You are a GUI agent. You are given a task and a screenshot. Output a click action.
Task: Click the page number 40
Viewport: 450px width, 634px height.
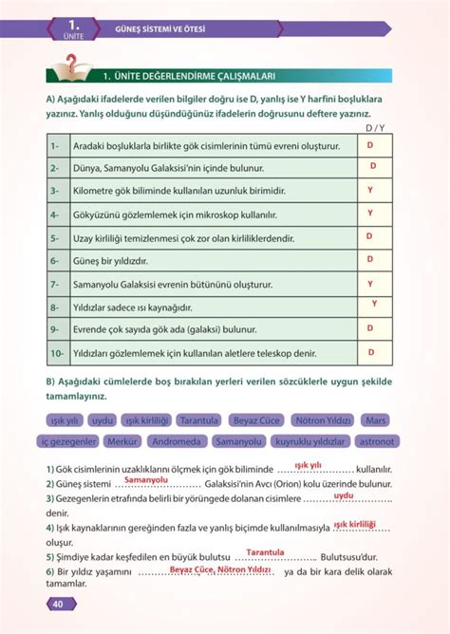click(x=57, y=605)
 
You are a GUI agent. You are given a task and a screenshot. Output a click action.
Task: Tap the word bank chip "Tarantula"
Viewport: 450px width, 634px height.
click(x=198, y=419)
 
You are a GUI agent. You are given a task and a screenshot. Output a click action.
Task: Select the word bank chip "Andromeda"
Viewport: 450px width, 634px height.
click(x=177, y=441)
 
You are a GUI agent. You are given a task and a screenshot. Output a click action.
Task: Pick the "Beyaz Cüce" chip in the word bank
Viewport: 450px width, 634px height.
click(x=258, y=419)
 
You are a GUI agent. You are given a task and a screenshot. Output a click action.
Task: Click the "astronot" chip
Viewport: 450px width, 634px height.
click(x=378, y=441)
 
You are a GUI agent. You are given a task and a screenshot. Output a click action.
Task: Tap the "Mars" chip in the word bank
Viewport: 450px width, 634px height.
click(x=376, y=419)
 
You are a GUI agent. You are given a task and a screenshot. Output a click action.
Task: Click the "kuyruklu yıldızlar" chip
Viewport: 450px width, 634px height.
click(x=309, y=441)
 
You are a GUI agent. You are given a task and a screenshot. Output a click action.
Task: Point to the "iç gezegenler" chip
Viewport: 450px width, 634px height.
click(x=68, y=441)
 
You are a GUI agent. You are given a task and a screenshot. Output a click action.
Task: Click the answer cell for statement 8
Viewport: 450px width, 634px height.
click(x=374, y=306)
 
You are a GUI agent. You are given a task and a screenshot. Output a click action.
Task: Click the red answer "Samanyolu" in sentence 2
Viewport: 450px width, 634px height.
click(x=145, y=480)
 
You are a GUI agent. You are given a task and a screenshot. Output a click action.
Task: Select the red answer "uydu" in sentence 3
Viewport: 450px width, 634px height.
click(x=344, y=495)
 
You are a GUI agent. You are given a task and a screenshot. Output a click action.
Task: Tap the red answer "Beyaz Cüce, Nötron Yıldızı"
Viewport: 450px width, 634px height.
click(x=214, y=569)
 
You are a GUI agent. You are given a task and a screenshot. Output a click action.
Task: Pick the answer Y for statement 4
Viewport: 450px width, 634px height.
click(x=370, y=214)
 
